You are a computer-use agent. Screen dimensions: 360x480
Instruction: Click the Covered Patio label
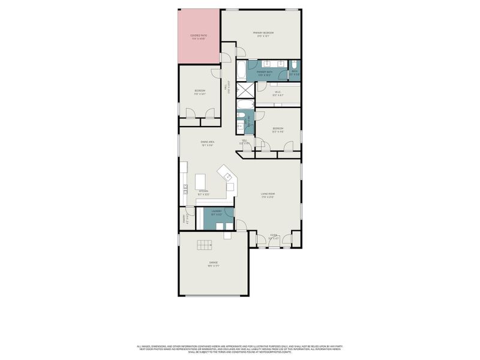click(199, 37)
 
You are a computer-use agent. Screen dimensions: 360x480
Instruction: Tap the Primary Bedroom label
click(263, 34)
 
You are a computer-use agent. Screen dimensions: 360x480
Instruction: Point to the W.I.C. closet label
click(278, 94)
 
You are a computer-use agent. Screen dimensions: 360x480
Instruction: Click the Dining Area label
click(208, 143)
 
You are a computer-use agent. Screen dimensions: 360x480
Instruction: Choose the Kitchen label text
click(203, 193)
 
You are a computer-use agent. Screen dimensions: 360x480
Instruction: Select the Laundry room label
click(216, 212)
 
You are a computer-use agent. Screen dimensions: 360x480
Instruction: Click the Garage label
click(213, 263)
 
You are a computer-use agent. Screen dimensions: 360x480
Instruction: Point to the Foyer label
click(274, 238)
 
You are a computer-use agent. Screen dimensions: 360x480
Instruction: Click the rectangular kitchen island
click(201, 181)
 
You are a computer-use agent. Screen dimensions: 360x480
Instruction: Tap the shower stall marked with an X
click(245, 91)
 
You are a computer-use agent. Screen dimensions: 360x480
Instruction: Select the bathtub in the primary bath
click(241, 71)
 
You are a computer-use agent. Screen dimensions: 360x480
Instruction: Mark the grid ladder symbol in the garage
click(205, 244)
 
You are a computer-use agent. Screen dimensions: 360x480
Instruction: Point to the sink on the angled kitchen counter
click(228, 176)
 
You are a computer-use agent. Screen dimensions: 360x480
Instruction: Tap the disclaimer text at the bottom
click(240, 348)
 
